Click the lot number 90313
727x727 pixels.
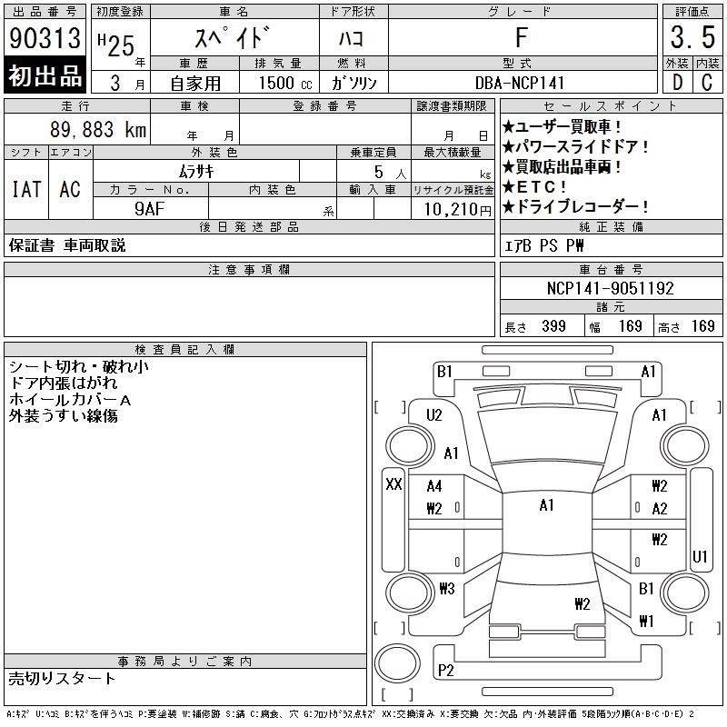(x=45, y=38)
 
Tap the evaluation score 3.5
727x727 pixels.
(x=692, y=37)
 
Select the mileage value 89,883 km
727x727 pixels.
(x=98, y=130)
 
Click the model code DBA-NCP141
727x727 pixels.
(x=520, y=83)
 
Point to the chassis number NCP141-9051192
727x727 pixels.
(x=610, y=288)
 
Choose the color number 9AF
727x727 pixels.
(x=150, y=209)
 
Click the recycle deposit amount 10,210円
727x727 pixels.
(x=458, y=210)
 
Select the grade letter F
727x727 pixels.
(x=522, y=37)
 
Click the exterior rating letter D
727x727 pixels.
(x=677, y=83)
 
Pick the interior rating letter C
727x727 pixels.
(x=707, y=83)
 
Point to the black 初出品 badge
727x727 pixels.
(x=45, y=75)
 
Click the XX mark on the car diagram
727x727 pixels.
(x=393, y=484)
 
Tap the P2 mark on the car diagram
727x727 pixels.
(x=445, y=671)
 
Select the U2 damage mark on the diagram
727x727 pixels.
(x=434, y=415)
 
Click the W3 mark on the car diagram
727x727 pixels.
(x=447, y=589)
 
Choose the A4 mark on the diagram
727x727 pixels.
(x=434, y=486)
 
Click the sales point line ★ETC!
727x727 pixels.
(x=534, y=187)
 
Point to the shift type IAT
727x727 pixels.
(x=26, y=189)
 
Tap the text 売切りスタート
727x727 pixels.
(x=62, y=679)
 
